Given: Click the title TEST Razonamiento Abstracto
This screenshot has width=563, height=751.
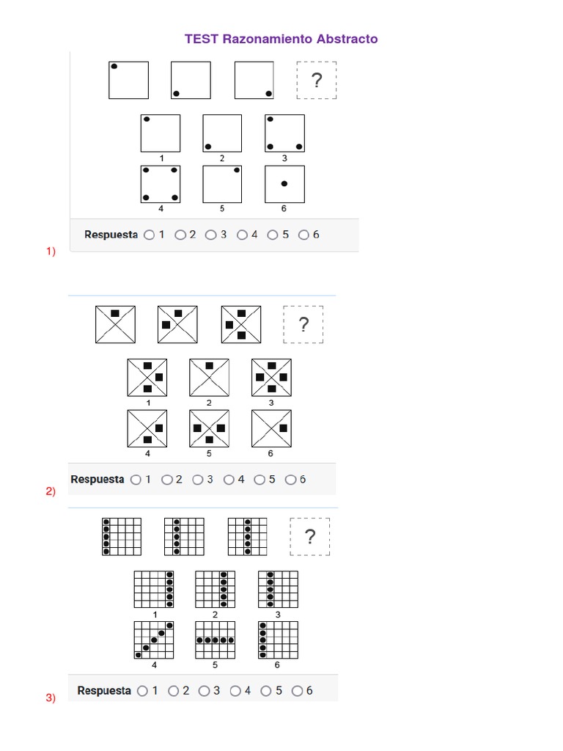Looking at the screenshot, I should click(x=281, y=39).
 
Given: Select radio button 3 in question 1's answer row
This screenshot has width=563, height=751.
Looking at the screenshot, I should click(x=211, y=235).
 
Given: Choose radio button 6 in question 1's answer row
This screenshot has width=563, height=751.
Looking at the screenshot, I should click(x=304, y=235).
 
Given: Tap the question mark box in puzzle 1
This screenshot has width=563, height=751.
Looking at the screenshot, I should click(x=317, y=80).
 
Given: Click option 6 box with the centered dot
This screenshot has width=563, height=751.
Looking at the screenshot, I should click(x=284, y=183).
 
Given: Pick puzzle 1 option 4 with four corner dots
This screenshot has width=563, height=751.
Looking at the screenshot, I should click(x=161, y=183).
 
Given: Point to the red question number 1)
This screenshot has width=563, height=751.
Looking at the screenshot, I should click(x=51, y=252).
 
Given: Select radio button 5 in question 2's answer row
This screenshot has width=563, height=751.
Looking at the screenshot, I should click(x=260, y=480).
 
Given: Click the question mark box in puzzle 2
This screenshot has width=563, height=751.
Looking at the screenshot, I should click(x=303, y=324).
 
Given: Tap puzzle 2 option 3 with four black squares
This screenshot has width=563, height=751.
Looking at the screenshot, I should click(x=271, y=377).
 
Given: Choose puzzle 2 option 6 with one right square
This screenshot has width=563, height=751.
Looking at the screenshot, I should click(x=271, y=428).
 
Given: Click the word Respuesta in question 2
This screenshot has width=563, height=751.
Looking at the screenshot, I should click(x=97, y=480).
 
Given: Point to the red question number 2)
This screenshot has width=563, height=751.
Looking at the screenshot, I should click(x=51, y=491).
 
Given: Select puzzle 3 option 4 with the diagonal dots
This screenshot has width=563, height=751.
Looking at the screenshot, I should click(x=154, y=640).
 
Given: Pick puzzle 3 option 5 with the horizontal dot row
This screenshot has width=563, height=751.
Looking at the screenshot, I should click(x=216, y=640).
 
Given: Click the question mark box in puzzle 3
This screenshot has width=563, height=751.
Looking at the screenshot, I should click(x=310, y=537).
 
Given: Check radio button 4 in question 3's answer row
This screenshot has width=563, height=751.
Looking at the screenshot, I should click(x=235, y=691).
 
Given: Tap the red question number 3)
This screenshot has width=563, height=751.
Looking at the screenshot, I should click(x=51, y=698).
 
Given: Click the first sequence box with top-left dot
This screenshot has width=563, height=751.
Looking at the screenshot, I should click(x=128, y=80).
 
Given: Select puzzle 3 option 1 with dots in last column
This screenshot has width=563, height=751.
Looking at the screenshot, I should click(x=154, y=589).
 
